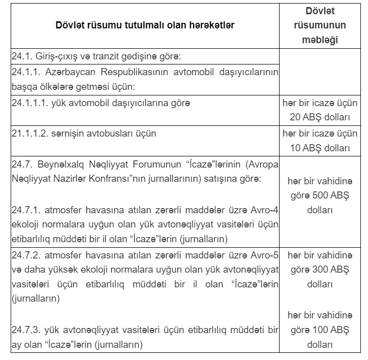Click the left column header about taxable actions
[145, 25]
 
